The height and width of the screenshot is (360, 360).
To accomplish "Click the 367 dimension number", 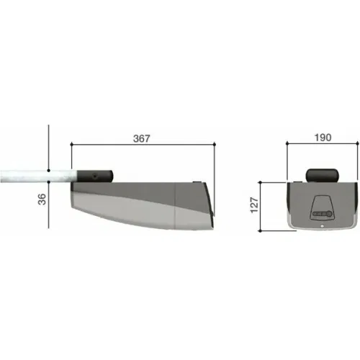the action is tap(141, 138).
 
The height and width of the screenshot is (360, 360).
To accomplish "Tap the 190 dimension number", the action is tap(323, 138).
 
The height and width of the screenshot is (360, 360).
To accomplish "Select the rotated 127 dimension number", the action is tap(254, 204).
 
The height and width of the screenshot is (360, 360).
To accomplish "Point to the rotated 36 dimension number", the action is tap(42, 199).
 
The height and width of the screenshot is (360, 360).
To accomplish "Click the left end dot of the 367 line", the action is tap(71, 144).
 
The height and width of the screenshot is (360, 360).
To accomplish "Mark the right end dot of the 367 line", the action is tap(215, 144).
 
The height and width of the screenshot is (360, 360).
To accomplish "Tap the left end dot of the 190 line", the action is tap(287, 143).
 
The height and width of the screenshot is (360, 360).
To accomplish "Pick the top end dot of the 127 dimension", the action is tap(261, 183).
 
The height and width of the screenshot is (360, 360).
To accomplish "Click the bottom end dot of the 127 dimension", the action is tap(261, 231).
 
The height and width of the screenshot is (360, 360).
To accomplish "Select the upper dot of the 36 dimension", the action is tap(49, 171).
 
